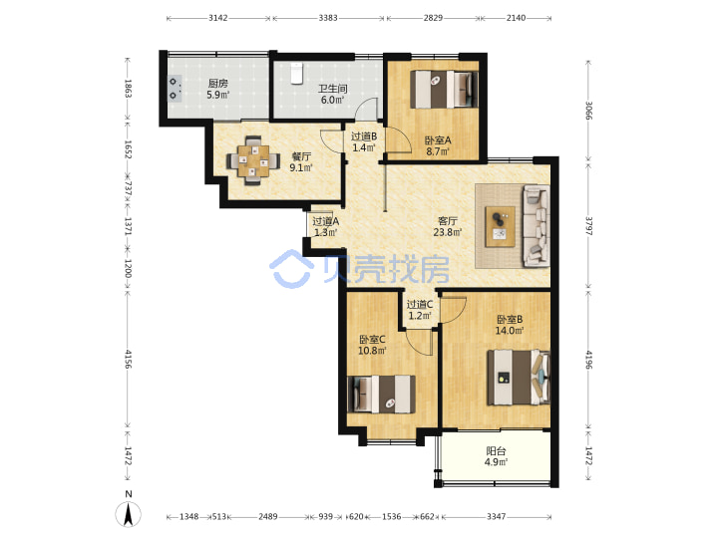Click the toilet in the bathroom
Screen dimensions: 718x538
[x=297, y=73]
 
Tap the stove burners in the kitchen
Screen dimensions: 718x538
[x=175, y=89]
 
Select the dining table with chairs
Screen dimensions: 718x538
[x=253, y=160]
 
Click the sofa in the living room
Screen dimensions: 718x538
[x=537, y=226]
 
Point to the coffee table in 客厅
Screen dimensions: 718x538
[x=500, y=226]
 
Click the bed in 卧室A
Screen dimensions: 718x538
[x=444, y=89]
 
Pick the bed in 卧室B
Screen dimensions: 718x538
[x=519, y=378]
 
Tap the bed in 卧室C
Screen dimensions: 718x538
[x=382, y=394]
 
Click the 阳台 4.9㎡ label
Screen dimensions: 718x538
[x=496, y=456]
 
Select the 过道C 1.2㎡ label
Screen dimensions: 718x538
[x=420, y=310]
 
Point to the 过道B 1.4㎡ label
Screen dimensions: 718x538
[x=364, y=141]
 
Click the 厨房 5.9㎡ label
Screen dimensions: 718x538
[x=218, y=90]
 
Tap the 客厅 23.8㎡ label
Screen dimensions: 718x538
[x=448, y=227]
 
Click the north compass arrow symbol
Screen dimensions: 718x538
[x=129, y=514]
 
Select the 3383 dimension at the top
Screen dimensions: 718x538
[x=328, y=18]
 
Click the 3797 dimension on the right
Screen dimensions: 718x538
[x=589, y=225]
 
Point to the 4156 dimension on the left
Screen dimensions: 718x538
[x=128, y=359]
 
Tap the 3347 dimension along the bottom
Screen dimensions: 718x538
[x=496, y=516]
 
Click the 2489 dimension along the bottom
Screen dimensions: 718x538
[x=268, y=516]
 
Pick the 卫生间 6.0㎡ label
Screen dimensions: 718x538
[x=332, y=95]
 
